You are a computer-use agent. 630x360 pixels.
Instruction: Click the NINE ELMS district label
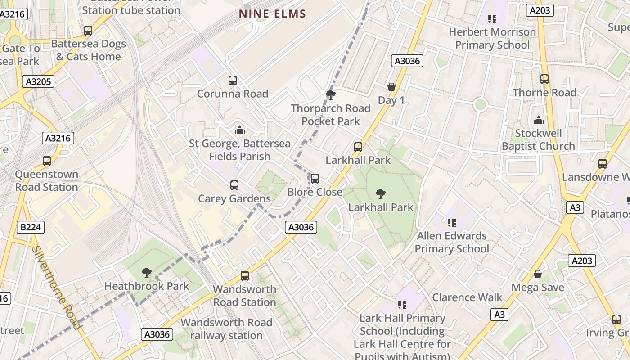pyautogui.click(x=272, y=14)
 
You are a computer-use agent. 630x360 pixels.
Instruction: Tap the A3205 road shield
pyautogui.click(x=38, y=81)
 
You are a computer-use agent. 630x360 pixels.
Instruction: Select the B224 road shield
pyautogui.click(x=31, y=227)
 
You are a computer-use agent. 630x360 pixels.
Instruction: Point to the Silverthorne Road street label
pyautogui.click(x=57, y=288)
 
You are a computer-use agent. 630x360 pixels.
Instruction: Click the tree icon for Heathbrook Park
pyautogui.click(x=146, y=272)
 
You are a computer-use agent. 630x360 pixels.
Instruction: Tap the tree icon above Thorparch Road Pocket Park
pyautogui.click(x=331, y=94)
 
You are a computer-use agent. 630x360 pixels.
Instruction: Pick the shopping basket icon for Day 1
pyautogui.click(x=391, y=86)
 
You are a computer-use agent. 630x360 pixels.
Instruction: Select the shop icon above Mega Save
pyautogui.click(x=538, y=274)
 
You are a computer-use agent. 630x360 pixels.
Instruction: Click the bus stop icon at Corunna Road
pyautogui.click(x=233, y=81)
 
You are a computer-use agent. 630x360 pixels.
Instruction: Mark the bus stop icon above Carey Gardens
pyautogui.click(x=234, y=185)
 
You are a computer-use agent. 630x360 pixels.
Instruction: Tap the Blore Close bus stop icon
pyautogui.click(x=315, y=179)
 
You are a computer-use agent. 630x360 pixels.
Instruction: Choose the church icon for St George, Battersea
pyautogui.click(x=239, y=130)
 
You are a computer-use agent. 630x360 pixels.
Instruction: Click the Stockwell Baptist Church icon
pyautogui.click(x=538, y=120)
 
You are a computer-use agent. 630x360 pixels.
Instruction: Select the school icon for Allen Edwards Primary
pyautogui.click(x=452, y=222)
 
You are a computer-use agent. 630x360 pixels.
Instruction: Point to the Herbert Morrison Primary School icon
pyautogui.click(x=492, y=19)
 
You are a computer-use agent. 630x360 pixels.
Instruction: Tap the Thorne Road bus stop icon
pyautogui.click(x=544, y=79)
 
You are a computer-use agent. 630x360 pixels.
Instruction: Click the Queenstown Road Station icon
pyautogui.click(x=47, y=161)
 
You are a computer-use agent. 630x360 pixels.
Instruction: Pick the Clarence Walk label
pyautogui.click(x=467, y=297)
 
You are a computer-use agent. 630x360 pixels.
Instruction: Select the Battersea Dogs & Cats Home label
pyautogui.click(x=88, y=50)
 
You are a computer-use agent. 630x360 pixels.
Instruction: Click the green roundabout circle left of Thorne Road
pyautogui.click(x=481, y=105)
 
